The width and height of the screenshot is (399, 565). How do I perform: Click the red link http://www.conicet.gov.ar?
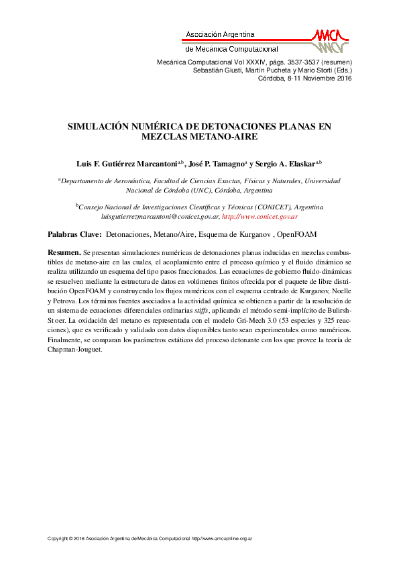click(260, 217)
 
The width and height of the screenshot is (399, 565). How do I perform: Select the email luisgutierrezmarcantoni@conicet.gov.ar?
click(160, 217)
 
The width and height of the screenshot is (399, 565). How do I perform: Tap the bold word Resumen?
click(64, 251)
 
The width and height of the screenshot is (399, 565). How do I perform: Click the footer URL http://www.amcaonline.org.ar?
click(221, 539)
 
